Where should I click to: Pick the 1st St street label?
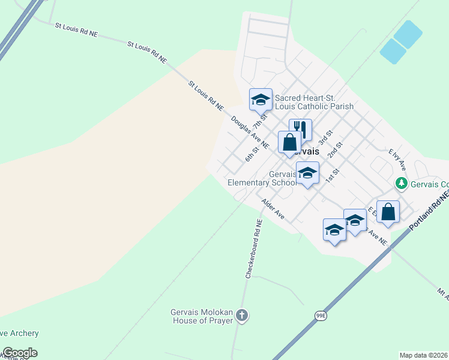[x=332, y=176]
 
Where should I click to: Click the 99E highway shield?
[x=321, y=314]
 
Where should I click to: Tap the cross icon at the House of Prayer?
[x=241, y=315]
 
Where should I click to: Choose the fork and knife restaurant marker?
[x=300, y=129]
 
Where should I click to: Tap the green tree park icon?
[x=400, y=183]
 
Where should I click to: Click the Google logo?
[x=19, y=353]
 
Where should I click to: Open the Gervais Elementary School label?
[x=262, y=178]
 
